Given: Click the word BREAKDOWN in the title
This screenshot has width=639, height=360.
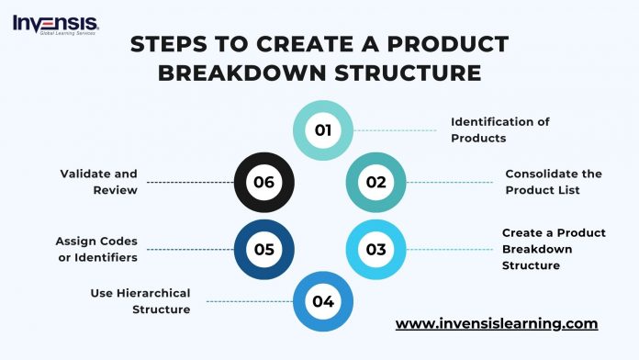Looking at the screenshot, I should (x=232, y=73).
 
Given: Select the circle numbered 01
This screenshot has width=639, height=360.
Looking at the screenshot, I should (x=322, y=129).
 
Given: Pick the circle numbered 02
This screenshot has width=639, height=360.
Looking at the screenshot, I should (x=376, y=182).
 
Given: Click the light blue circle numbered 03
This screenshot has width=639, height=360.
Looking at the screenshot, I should (x=376, y=249).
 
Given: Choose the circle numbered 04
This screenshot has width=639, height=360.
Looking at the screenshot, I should (x=322, y=301).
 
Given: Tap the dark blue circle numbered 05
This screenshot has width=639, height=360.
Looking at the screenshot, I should (x=264, y=249).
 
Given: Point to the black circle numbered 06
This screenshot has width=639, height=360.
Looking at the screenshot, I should (x=264, y=182).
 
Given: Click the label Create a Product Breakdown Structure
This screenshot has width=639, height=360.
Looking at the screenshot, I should (x=553, y=249).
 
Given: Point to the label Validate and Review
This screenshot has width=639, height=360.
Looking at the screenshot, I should (x=98, y=182).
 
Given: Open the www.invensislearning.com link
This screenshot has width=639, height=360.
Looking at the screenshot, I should (x=497, y=324).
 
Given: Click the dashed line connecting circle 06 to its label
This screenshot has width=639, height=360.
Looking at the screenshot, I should (x=190, y=183).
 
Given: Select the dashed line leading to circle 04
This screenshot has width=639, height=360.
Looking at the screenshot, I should (x=245, y=301).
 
